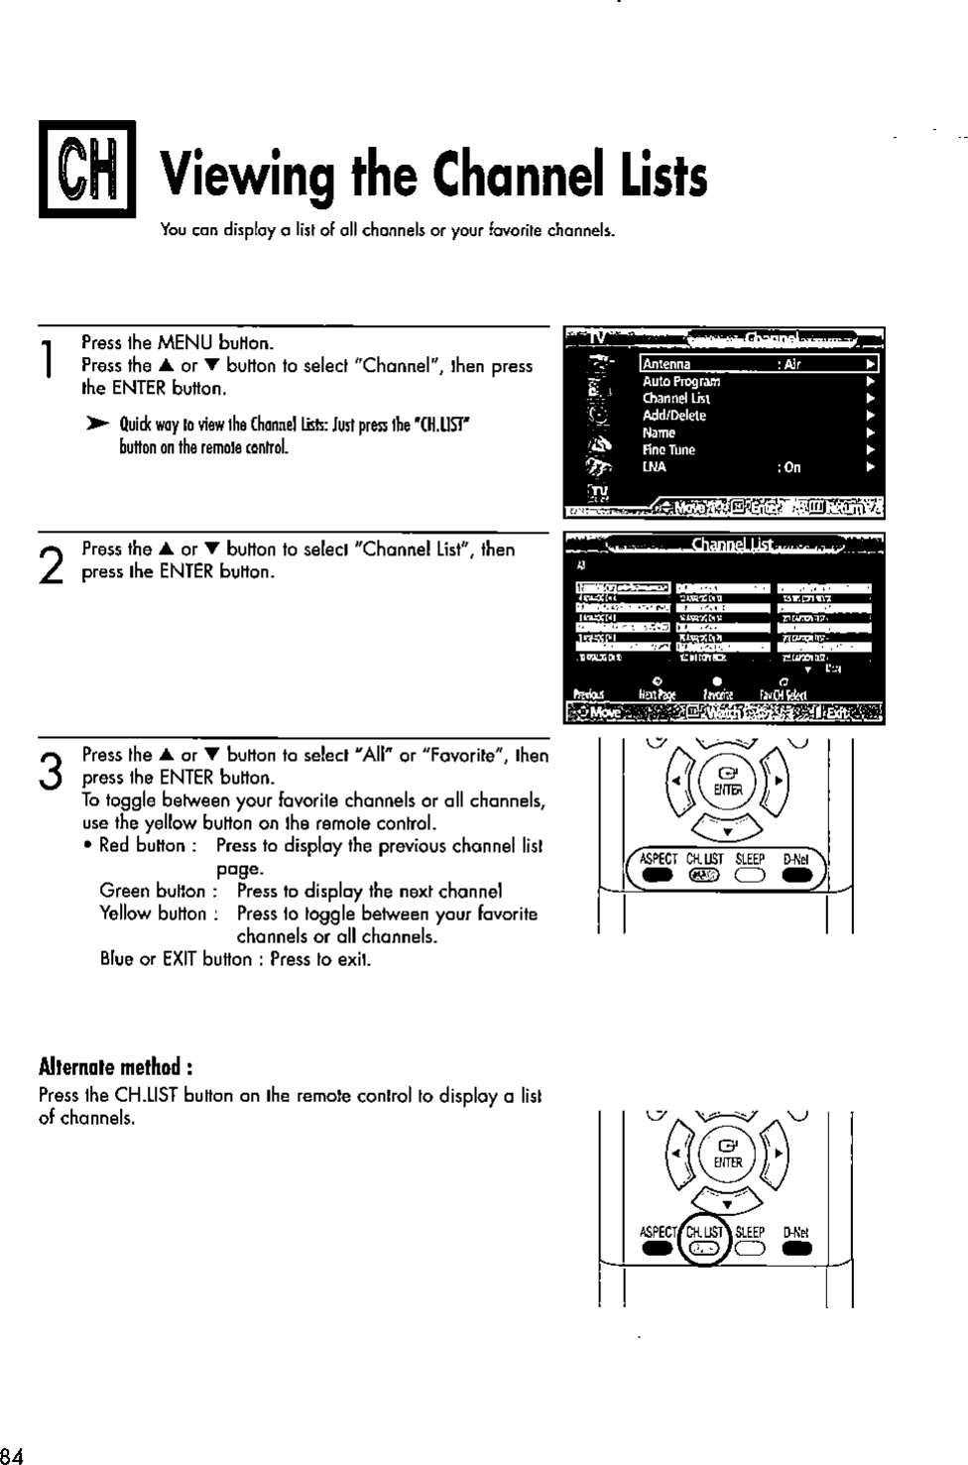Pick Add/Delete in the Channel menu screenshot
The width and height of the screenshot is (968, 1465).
tap(674, 416)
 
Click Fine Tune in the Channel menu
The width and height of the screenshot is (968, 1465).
tap(668, 450)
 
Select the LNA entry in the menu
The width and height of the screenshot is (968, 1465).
tap(654, 467)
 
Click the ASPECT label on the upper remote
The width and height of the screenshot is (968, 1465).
tap(659, 859)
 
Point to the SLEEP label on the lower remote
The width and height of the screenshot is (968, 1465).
tap(750, 1232)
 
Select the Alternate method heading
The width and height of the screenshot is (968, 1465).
tap(114, 1068)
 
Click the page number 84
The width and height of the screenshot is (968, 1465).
tap(12, 1455)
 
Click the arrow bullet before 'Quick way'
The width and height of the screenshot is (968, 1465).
tap(100, 424)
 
